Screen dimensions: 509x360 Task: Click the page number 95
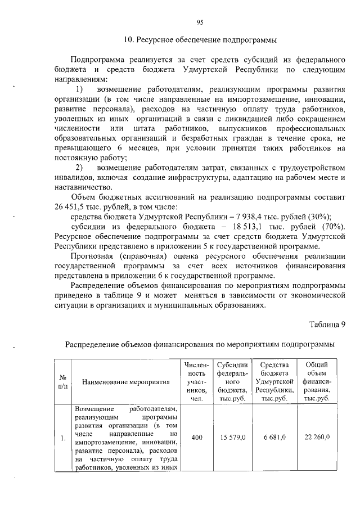pyautogui.click(x=199, y=22)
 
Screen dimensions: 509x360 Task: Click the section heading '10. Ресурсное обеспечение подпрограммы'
pyautogui.click(x=200, y=40)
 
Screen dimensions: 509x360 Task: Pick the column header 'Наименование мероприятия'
pyautogui.click(x=126, y=382)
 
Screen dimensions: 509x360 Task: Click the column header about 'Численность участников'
pyautogui.click(x=196, y=381)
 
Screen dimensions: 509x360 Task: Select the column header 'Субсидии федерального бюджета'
pyautogui.click(x=232, y=381)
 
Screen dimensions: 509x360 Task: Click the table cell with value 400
pyautogui.click(x=196, y=437)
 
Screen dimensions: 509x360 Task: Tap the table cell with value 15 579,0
pyautogui.click(x=232, y=437)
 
